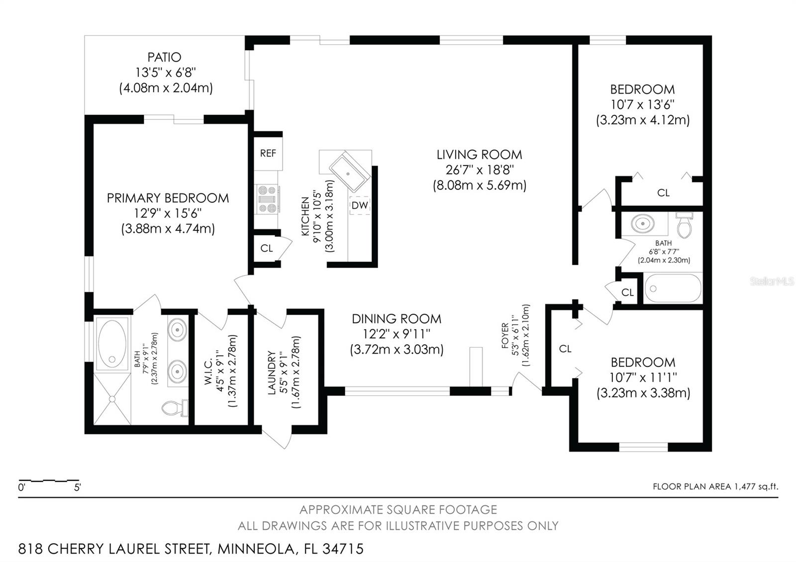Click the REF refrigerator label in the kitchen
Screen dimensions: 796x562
tap(268, 153)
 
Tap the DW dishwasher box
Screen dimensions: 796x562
tap(360, 205)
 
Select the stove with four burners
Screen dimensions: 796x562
tap(267, 199)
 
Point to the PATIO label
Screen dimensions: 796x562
tap(164, 57)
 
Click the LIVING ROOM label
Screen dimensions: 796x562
tap(480, 155)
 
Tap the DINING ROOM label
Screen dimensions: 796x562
tap(397, 319)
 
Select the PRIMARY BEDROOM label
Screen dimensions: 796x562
tap(168, 198)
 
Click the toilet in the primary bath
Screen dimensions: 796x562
tap(175, 408)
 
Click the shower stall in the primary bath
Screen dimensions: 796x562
tap(112, 398)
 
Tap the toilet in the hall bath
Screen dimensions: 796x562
tap(684, 225)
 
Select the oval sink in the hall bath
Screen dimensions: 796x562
tap(642, 224)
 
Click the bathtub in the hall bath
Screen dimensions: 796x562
tap(673, 288)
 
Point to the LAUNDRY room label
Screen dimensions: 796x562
tap(272, 373)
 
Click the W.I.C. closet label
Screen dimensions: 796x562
tap(208, 371)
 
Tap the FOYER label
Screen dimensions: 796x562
tap(505, 335)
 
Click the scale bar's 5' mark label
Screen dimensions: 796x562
tap(77, 487)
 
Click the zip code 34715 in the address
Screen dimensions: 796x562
tap(343, 549)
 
